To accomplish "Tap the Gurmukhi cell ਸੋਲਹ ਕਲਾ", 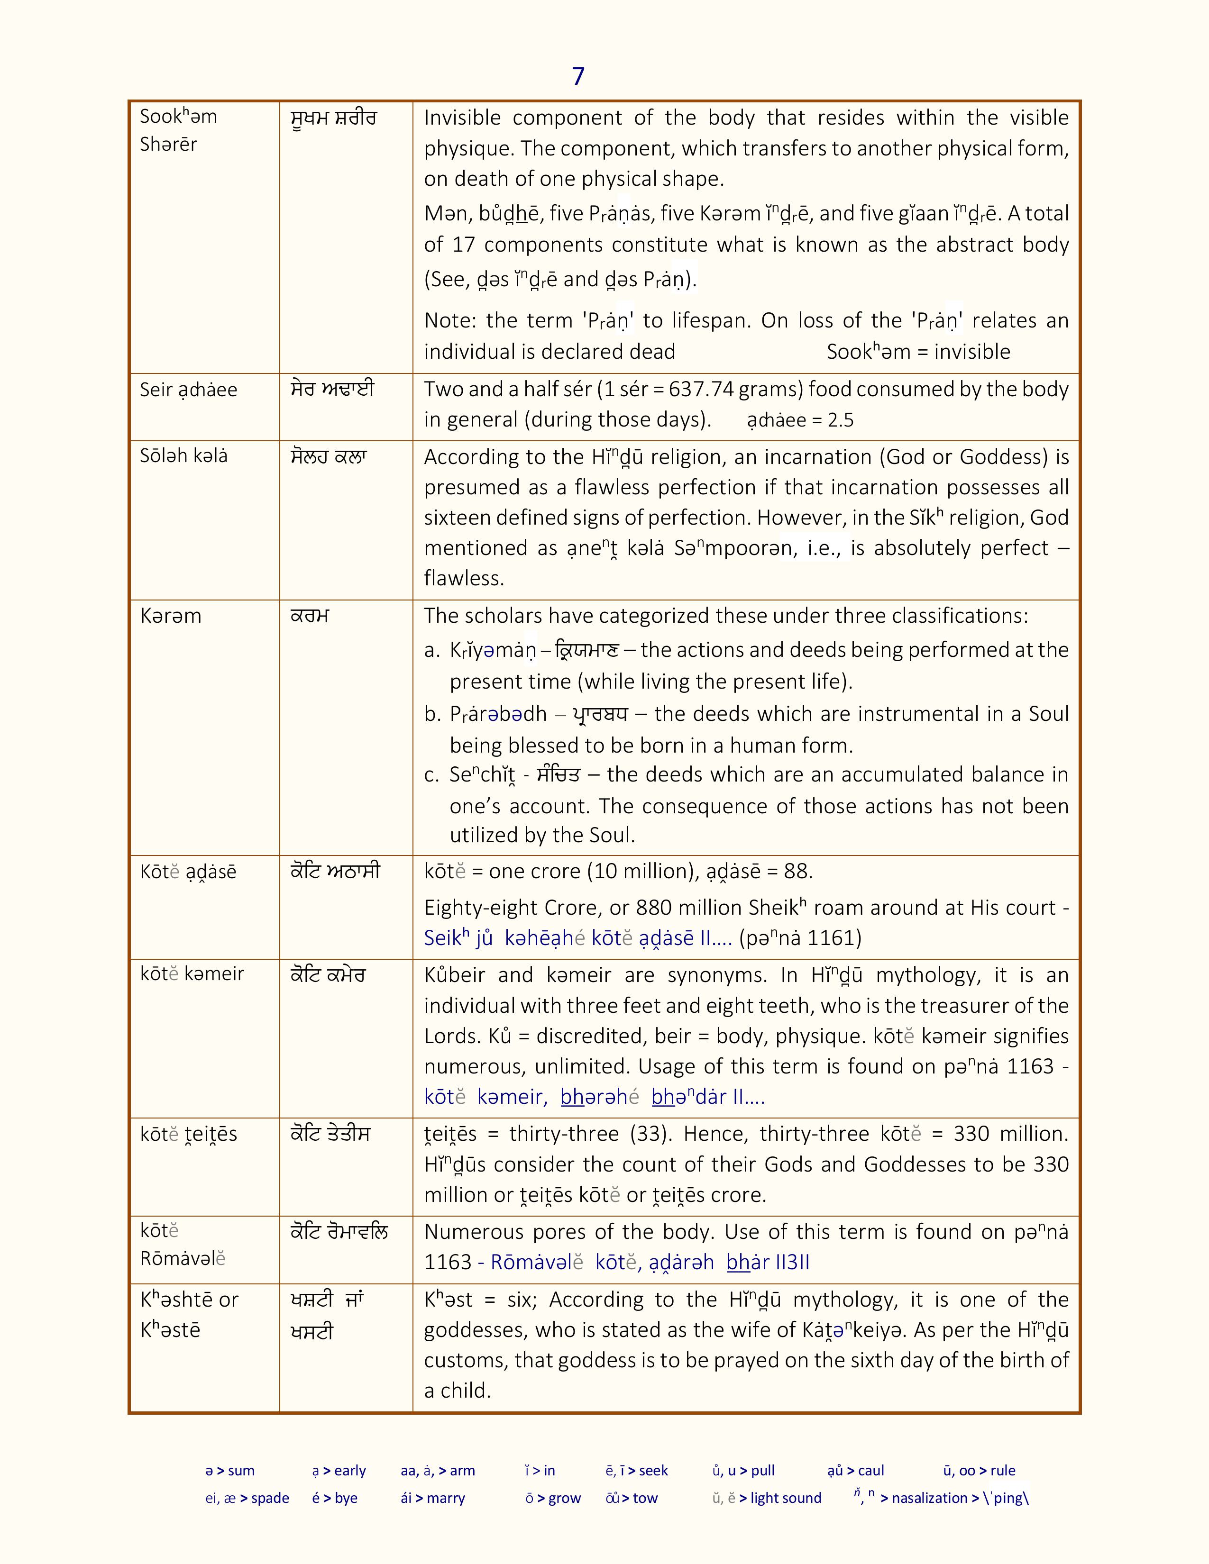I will click(328, 456).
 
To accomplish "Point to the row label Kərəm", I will click(171, 616).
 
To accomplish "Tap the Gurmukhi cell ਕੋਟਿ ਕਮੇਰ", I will click(327, 974).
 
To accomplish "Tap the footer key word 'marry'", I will click(446, 1498).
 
